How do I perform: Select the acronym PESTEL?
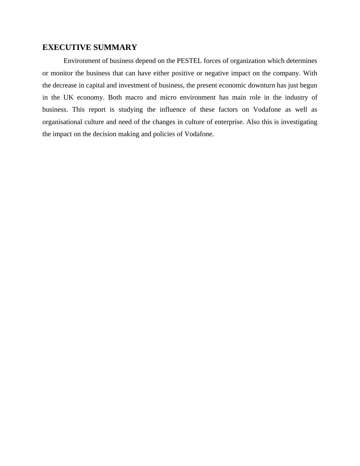point(189,61)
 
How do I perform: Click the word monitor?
point(62,73)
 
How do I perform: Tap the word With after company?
point(310,73)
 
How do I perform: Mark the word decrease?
point(65,85)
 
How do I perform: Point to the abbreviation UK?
point(68,97)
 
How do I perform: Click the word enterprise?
point(229,122)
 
